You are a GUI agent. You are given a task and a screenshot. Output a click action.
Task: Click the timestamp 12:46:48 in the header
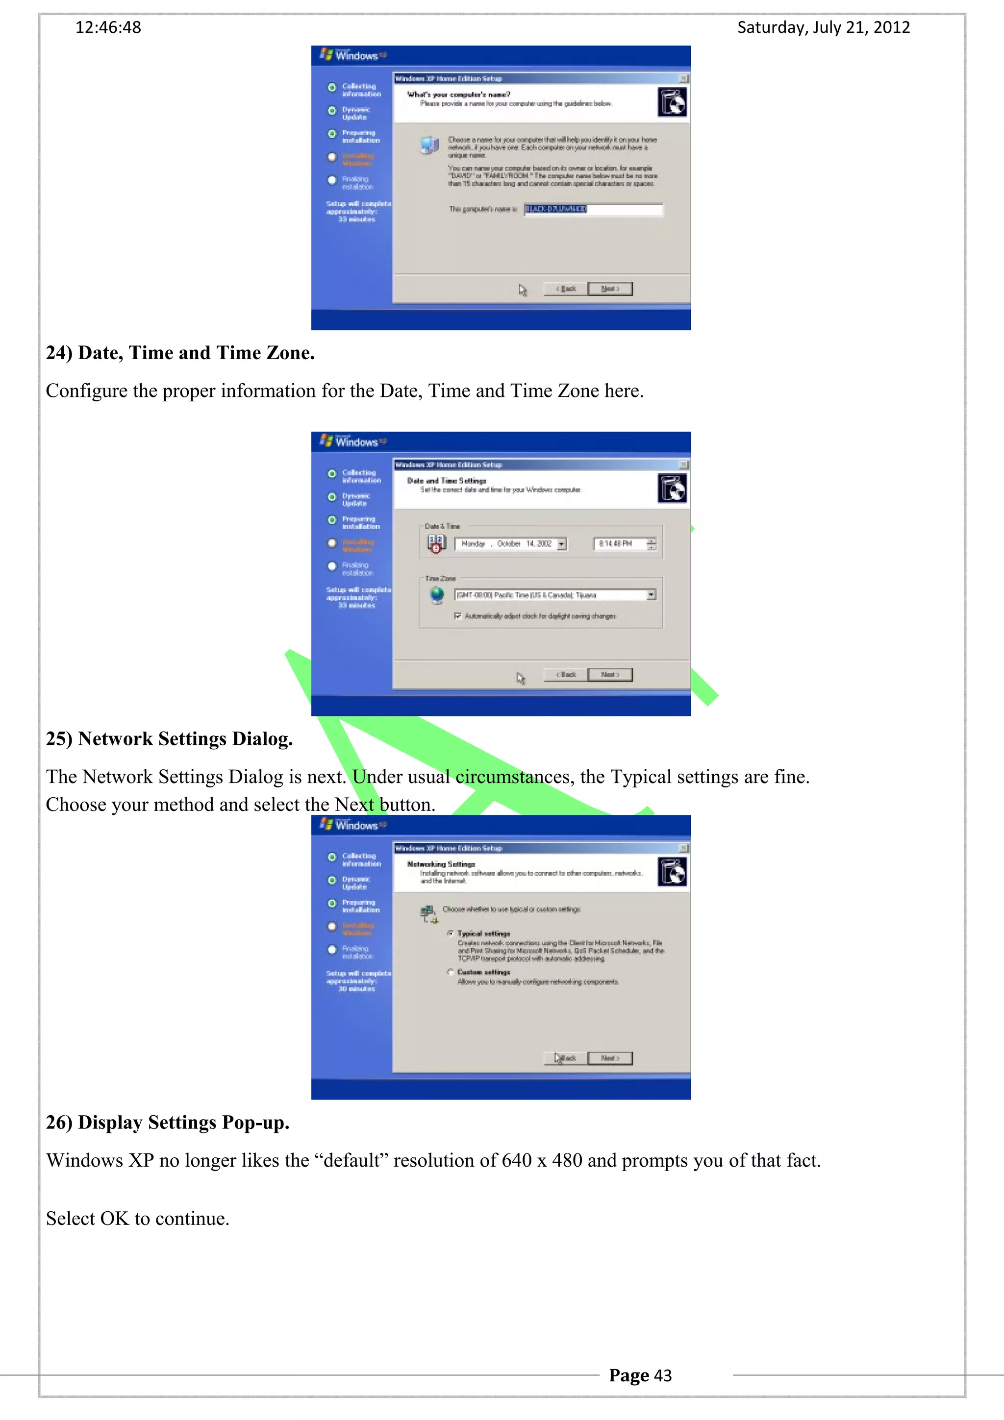[108, 28]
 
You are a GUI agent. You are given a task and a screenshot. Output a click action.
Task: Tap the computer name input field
[593, 210]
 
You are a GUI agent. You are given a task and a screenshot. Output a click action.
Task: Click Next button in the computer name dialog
[610, 289]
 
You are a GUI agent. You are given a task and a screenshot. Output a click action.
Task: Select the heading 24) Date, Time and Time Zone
[180, 353]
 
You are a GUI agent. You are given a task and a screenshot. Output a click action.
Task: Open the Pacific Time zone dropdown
[651, 595]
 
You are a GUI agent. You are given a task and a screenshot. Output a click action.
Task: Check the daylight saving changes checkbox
[458, 616]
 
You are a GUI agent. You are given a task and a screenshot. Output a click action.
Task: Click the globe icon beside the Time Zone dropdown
[437, 594]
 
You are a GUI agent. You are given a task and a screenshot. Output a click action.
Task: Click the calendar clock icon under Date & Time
[435, 543]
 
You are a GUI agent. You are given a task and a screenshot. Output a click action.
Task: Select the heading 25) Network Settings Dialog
[169, 739]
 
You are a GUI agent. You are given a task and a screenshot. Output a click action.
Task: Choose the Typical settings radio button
[451, 933]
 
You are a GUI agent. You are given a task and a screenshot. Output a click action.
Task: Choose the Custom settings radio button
[451, 972]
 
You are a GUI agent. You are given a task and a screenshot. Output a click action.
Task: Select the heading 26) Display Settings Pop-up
[168, 1123]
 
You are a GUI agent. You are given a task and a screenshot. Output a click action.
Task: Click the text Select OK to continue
[137, 1219]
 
